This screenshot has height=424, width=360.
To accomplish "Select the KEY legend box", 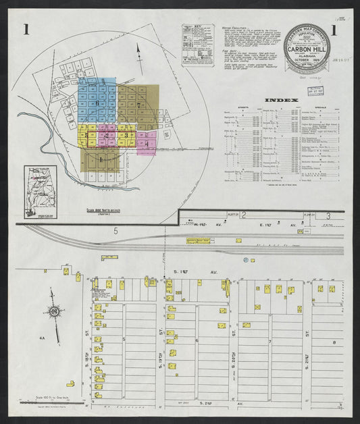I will coord(198,45).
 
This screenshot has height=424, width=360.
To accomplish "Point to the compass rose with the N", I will coord(53,311).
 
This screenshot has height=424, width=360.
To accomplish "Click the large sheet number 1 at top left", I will coord(26,30).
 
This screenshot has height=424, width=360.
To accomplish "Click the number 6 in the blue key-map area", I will coord(97,102).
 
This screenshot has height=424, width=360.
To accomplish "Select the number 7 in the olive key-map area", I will coord(138,105).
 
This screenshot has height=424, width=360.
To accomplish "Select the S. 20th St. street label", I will coord(234,356).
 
